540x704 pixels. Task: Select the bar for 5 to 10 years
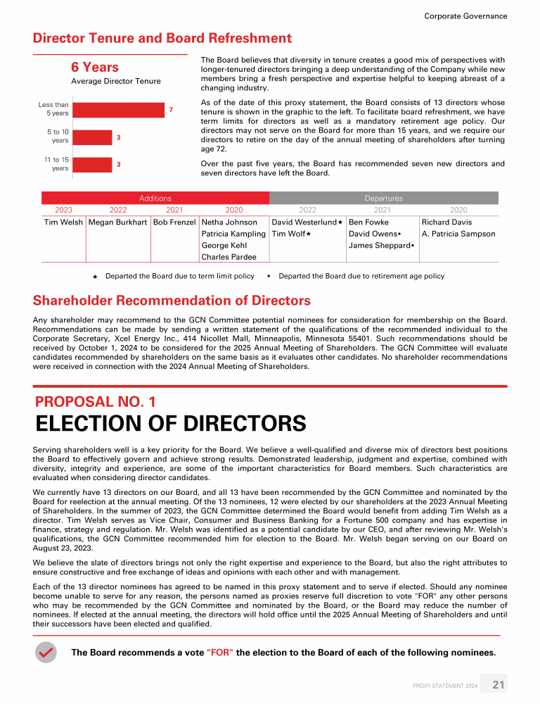(92, 137)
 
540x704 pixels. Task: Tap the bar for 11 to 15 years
(92, 165)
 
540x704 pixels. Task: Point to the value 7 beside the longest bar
(171, 110)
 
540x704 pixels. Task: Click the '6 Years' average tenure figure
(95, 68)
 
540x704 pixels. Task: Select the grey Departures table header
(383, 199)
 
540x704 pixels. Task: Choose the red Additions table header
(155, 199)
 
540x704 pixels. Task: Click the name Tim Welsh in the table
(63, 222)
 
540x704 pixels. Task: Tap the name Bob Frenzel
(174, 222)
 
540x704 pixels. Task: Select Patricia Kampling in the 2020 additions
(233, 234)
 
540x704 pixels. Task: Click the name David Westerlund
(304, 222)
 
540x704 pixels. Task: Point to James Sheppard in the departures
(378, 245)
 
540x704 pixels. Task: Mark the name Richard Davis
(446, 222)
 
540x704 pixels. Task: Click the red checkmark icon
(46, 653)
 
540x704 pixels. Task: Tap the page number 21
(499, 685)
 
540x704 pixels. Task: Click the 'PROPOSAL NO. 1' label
(96, 402)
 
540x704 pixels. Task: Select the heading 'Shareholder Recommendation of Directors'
(172, 301)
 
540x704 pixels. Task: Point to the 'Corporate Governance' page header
(465, 16)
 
